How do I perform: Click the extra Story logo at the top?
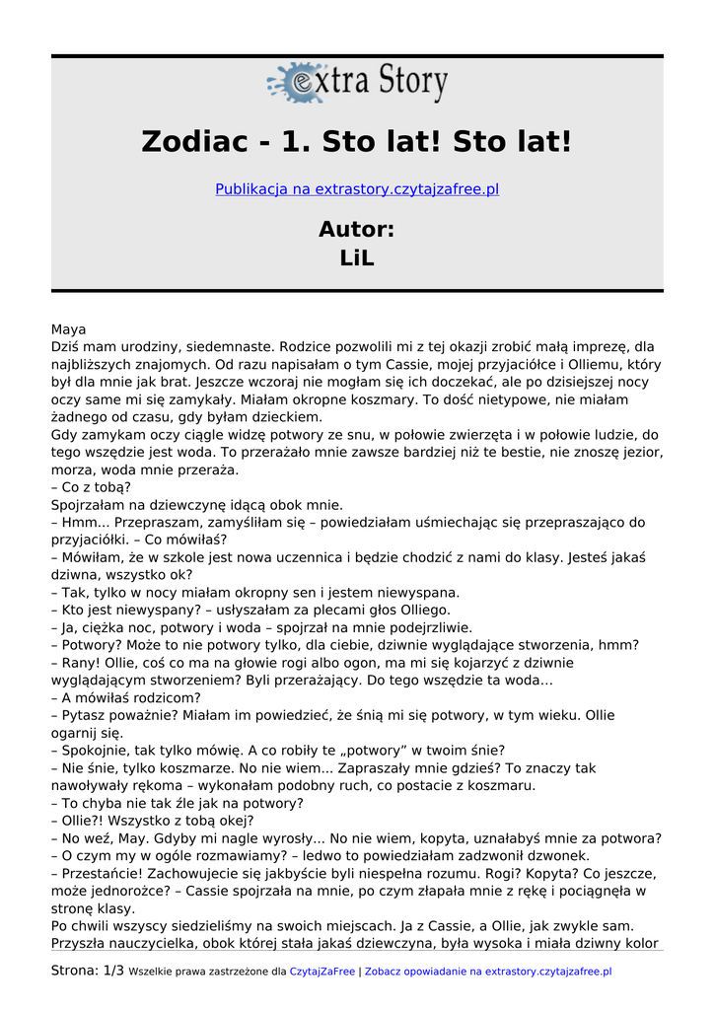(357, 83)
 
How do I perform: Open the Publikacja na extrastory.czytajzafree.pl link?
(357, 189)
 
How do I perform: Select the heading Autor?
(357, 230)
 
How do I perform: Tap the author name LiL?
(357, 258)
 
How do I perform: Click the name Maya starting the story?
(68, 329)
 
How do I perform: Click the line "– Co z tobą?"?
(91, 487)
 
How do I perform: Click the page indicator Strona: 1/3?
(87, 971)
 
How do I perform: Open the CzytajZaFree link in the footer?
(322, 972)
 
